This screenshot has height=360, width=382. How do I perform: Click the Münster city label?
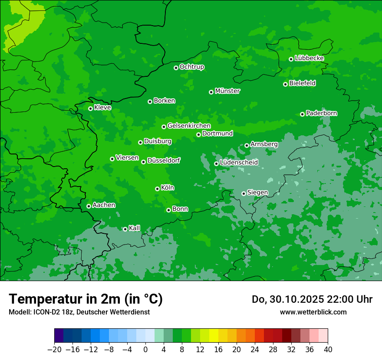click(227, 91)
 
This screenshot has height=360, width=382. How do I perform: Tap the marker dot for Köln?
click(157, 189)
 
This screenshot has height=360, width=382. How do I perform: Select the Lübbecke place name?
click(309, 58)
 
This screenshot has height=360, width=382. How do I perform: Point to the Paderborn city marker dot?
click(302, 114)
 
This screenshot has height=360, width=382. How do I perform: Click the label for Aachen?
click(104, 205)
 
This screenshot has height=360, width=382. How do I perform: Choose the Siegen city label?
click(257, 193)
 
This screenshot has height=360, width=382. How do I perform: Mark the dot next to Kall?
click(125, 229)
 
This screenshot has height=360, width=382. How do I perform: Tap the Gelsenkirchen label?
click(189, 126)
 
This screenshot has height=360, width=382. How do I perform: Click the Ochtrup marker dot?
click(176, 68)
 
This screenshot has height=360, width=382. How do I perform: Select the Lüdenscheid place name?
click(239, 163)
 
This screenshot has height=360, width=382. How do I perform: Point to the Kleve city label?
click(102, 108)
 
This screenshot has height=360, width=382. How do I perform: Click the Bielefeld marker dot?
click(285, 84)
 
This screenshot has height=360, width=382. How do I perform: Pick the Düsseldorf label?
click(164, 160)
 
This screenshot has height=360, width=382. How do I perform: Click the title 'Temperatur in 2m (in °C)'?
click(86, 299)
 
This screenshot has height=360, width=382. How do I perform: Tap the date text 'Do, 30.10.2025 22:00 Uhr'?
click(312, 299)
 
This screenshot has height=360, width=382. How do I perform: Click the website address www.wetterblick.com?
click(313, 312)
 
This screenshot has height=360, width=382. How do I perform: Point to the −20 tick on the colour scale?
click(54, 350)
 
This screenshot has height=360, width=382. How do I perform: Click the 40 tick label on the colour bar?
click(328, 350)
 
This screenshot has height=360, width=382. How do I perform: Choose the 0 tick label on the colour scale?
click(145, 350)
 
